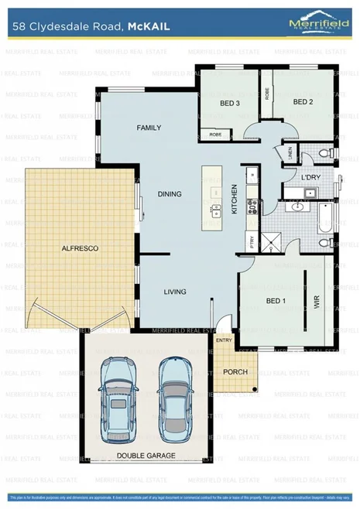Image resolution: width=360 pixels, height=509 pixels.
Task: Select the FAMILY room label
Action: point(149,127)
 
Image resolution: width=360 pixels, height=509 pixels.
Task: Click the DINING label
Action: point(170,194)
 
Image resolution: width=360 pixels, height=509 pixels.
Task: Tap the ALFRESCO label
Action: point(79,248)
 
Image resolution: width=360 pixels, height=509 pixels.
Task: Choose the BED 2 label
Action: point(302,101)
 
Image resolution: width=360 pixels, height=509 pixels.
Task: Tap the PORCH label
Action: point(235,372)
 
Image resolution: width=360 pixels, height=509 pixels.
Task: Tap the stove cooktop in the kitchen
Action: point(252,205)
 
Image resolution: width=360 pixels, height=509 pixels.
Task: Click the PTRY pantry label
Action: point(251,241)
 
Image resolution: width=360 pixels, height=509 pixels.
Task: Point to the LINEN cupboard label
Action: point(290,154)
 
